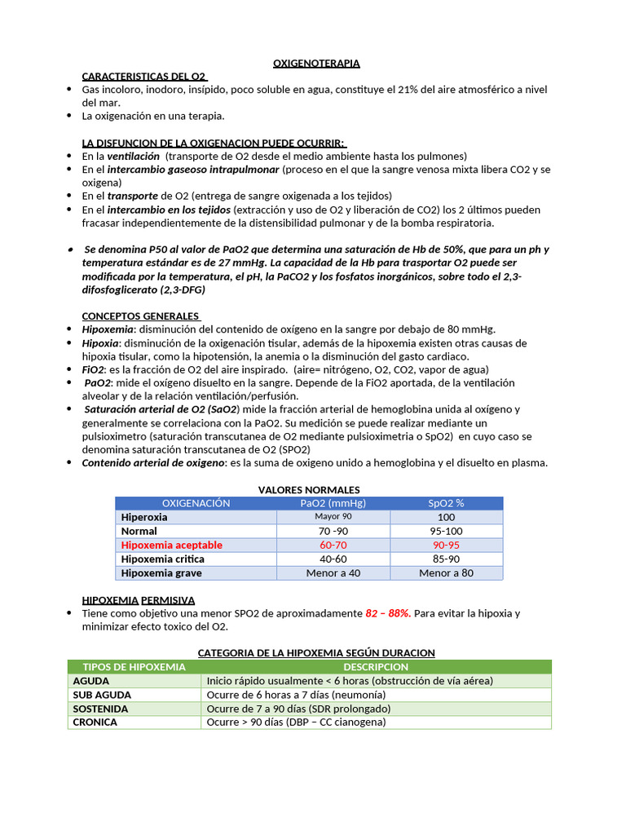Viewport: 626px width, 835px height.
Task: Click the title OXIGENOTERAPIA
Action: [315, 63]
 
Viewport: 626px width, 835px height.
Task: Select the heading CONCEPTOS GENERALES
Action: [140, 316]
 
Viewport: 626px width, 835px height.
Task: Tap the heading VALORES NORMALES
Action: [309, 489]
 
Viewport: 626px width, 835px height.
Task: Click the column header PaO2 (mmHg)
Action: [333, 503]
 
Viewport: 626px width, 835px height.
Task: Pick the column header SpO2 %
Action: [446, 503]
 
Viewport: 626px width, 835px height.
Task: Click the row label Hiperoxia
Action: [144, 517]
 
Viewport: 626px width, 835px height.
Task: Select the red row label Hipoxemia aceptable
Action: [171, 545]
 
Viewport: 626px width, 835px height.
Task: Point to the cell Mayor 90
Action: [333, 517]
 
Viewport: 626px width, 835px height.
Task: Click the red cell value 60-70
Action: [333, 545]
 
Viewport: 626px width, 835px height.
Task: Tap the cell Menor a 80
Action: [446, 572]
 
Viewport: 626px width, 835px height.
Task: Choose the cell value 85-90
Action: [446, 559]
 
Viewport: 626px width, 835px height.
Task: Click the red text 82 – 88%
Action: [387, 613]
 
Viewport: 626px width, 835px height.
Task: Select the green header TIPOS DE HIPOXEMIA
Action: [134, 667]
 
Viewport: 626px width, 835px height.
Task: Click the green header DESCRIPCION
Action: [376, 667]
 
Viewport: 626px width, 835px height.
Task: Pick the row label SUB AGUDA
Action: [102, 695]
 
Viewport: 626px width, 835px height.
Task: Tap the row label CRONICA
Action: [95, 722]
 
